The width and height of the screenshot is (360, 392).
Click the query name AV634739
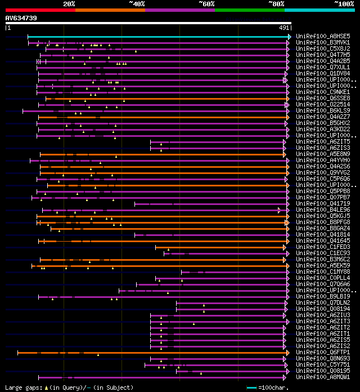pyautogui.click(x=21, y=18)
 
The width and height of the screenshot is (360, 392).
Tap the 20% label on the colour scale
pyautogui.click(x=69, y=4)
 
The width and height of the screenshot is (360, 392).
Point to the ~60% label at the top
pyautogui.click(x=206, y=4)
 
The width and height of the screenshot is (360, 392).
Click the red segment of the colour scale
pyautogui.click(x=40, y=10)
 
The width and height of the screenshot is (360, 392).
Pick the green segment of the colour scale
pyautogui.click(x=249, y=10)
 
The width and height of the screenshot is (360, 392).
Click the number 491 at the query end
pyautogui.click(x=284, y=27)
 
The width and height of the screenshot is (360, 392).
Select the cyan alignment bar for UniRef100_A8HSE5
pyautogui.click(x=157, y=37)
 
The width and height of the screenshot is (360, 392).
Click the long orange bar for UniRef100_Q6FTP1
pyautogui.click(x=152, y=353)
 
